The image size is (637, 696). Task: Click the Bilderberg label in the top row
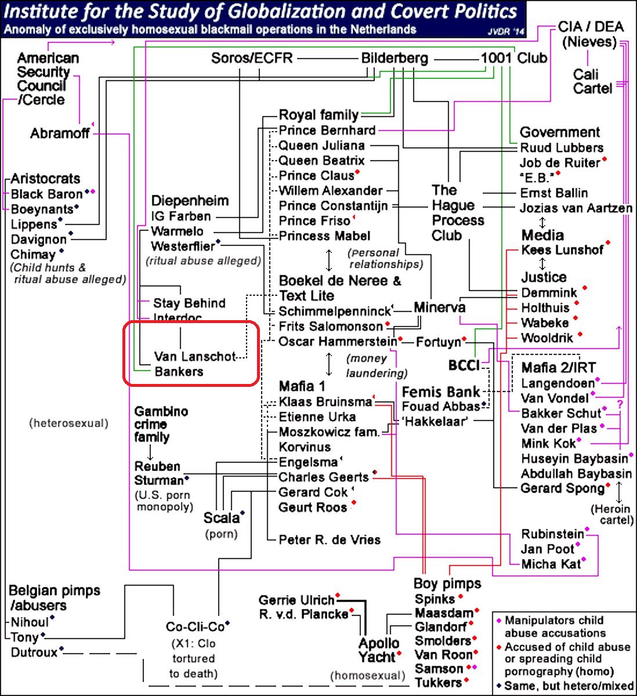(394, 58)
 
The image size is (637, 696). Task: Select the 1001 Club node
(513, 58)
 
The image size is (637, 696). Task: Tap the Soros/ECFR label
(252, 58)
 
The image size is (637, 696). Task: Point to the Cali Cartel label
(592, 81)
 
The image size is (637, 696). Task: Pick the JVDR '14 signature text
(505, 32)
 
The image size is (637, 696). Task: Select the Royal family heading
(319, 115)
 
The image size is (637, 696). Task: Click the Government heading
(560, 132)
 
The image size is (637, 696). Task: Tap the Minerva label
(439, 307)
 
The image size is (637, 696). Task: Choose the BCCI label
(464, 365)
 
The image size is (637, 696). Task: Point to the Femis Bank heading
(441, 392)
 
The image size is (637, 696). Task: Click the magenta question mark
(620, 405)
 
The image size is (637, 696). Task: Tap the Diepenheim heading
(190, 201)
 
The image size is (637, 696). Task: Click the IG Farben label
(180, 216)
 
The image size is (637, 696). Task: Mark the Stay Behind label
(189, 303)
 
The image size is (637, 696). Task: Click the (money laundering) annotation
(377, 366)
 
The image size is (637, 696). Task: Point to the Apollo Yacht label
(379, 650)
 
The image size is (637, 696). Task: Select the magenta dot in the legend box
(499, 620)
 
